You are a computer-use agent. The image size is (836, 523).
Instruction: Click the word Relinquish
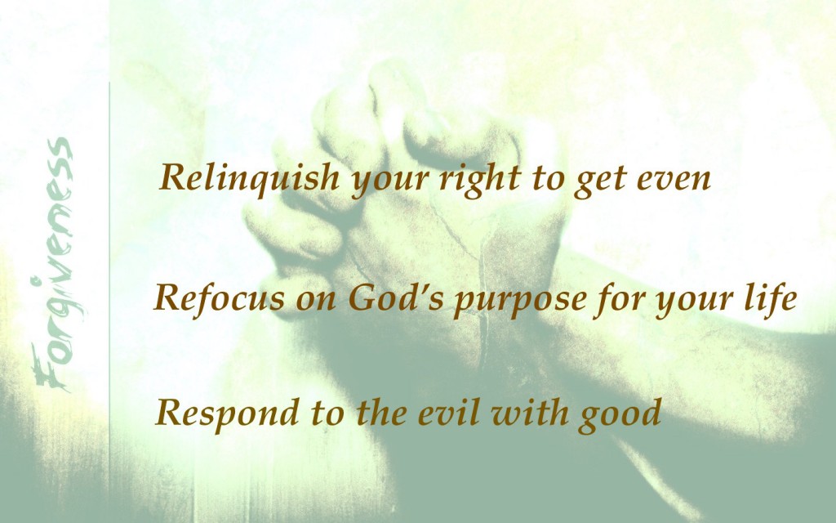pos(249,178)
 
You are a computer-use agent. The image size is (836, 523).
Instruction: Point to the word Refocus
pos(219,297)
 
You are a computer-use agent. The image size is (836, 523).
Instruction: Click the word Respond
pos(227,414)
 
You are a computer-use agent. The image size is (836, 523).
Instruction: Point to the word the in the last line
pos(381,413)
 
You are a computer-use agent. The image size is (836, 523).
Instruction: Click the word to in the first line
pos(547,181)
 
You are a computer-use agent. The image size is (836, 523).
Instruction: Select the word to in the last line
pos(327,414)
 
